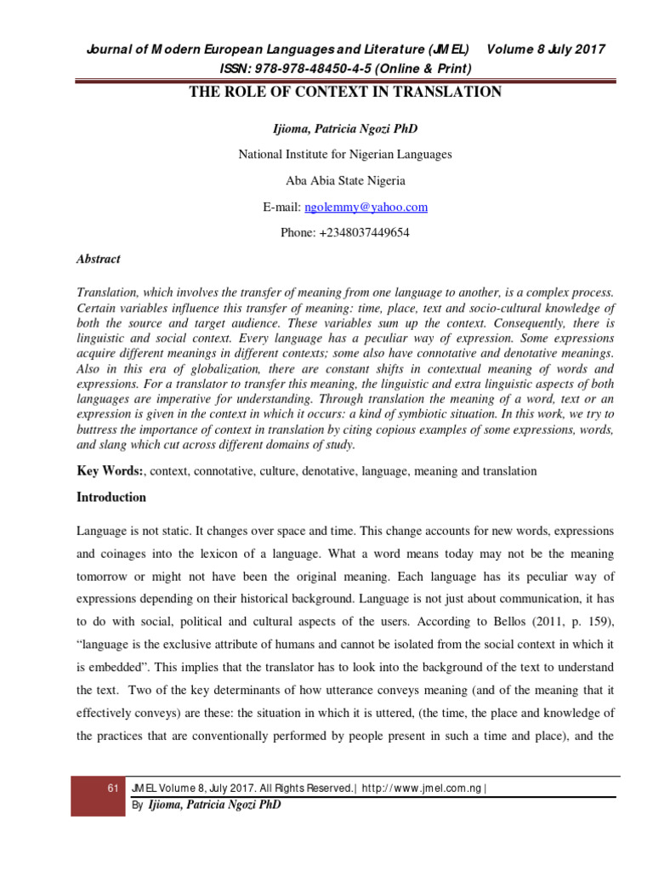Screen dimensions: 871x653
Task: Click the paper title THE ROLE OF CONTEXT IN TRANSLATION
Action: point(344,92)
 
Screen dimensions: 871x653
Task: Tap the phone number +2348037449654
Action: point(344,233)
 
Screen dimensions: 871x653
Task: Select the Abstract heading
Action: point(99,259)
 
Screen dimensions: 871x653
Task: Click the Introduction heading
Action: point(111,498)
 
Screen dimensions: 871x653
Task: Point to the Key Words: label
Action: point(111,470)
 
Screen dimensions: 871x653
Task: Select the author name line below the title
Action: point(344,128)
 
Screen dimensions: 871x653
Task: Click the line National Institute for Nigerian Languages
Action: point(344,154)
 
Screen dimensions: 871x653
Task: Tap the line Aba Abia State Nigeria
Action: point(344,180)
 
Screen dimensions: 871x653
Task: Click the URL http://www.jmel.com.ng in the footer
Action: point(423,788)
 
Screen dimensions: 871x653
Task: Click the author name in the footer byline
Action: point(213,805)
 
